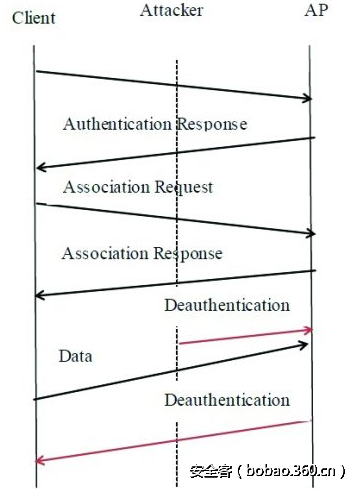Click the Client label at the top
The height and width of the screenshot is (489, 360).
[34, 19]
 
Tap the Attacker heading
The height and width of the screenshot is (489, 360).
[172, 10]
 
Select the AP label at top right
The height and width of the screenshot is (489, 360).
[318, 11]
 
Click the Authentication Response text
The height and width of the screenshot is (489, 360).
[155, 125]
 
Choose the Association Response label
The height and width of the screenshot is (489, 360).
[142, 253]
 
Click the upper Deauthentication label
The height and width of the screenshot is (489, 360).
[227, 305]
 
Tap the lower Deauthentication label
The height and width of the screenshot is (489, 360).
[227, 400]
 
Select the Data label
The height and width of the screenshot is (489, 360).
[75, 355]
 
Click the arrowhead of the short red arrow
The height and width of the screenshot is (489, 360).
[310, 329]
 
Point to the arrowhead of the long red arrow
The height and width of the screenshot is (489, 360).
[38, 460]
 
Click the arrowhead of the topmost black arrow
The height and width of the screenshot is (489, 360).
[308, 97]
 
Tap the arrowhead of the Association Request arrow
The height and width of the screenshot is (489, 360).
[310, 234]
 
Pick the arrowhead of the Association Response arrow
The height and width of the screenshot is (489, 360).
[38, 295]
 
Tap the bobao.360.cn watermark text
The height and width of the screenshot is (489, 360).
[268, 470]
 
